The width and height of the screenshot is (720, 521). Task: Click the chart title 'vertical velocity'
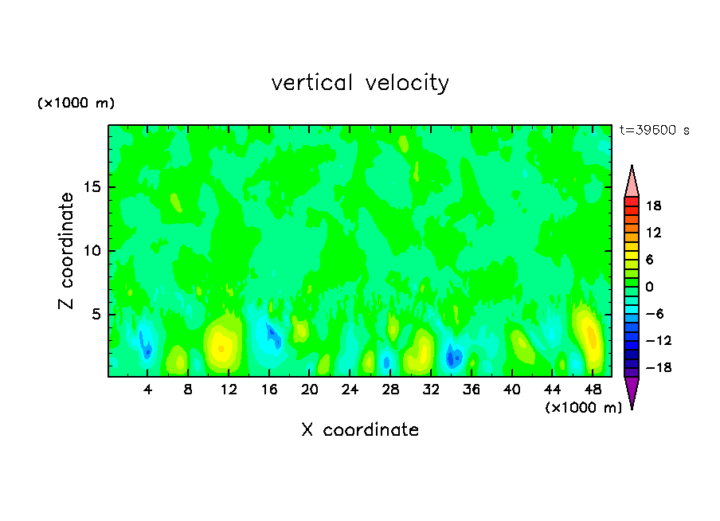[360, 83]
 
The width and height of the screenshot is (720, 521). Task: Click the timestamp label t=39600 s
[654, 130]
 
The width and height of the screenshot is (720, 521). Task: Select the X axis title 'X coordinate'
[360, 430]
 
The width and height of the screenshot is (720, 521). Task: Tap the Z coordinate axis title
[67, 251]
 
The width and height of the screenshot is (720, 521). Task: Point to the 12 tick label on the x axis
[229, 390]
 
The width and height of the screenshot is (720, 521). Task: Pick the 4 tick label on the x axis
[147, 390]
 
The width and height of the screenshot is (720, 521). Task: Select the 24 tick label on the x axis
[350, 390]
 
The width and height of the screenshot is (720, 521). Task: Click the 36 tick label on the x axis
[472, 390]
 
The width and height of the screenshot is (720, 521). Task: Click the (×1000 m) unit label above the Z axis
[76, 104]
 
